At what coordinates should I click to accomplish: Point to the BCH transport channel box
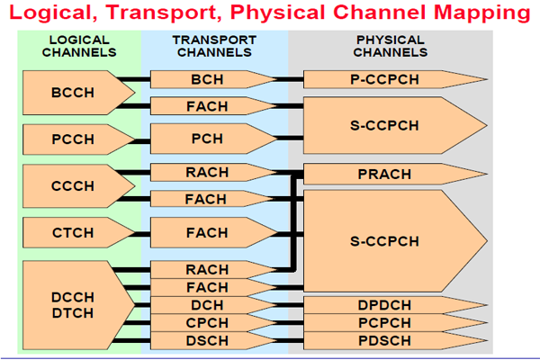[x=208, y=80]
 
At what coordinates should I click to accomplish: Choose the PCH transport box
[x=208, y=139]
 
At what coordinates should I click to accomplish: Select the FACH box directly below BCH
[x=208, y=107]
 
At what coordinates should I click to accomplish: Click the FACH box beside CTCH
[x=208, y=233]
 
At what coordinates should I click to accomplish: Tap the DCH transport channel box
[x=208, y=305]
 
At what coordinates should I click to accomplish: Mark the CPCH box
[x=208, y=323]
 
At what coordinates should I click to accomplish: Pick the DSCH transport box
[x=208, y=341]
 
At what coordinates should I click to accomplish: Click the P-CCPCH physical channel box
[x=385, y=80]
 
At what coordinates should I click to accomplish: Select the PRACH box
[x=385, y=174]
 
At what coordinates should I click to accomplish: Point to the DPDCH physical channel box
[x=385, y=305]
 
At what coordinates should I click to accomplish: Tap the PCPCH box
[x=385, y=323]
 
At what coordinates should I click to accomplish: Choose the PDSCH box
[x=385, y=341]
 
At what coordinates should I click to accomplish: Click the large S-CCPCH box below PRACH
[x=385, y=240]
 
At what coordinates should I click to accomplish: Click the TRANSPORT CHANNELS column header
[x=214, y=46]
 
